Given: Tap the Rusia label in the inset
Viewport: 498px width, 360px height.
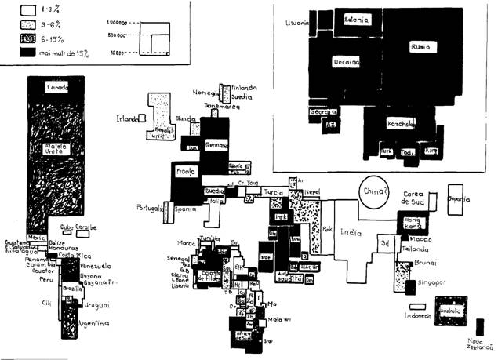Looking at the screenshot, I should coord(420,48).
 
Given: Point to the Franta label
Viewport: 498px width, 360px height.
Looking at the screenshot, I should coord(185,169).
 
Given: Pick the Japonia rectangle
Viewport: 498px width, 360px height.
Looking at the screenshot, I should coord(457,200).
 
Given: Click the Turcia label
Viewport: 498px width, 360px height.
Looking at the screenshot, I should coord(272,192).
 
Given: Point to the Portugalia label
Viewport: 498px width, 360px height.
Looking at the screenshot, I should coord(148,209).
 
